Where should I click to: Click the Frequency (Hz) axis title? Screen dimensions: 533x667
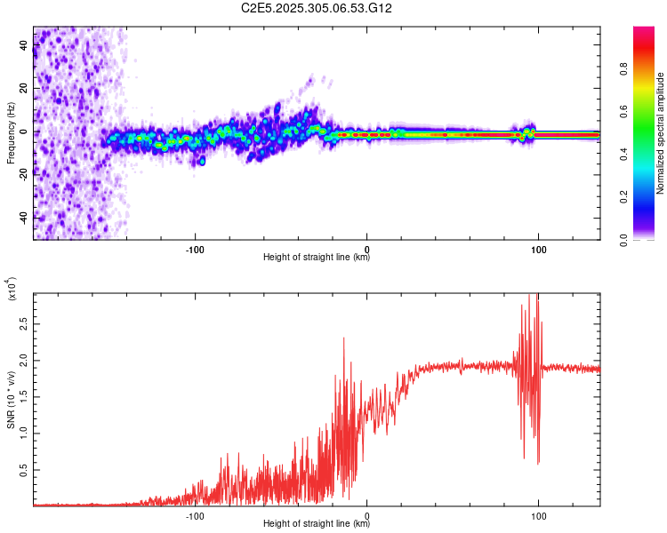[11, 133]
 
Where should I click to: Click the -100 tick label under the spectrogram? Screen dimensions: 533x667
[196, 248]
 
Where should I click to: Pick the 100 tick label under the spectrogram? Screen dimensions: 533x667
[538, 248]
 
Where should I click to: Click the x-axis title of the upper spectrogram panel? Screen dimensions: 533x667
[317, 258]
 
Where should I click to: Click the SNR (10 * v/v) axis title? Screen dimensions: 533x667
[11, 398]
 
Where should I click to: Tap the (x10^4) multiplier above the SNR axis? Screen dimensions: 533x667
[12, 290]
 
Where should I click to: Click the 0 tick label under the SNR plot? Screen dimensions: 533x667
[367, 514]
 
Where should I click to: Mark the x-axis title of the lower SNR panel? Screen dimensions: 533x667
[317, 524]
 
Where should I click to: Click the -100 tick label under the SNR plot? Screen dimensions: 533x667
[196, 514]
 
